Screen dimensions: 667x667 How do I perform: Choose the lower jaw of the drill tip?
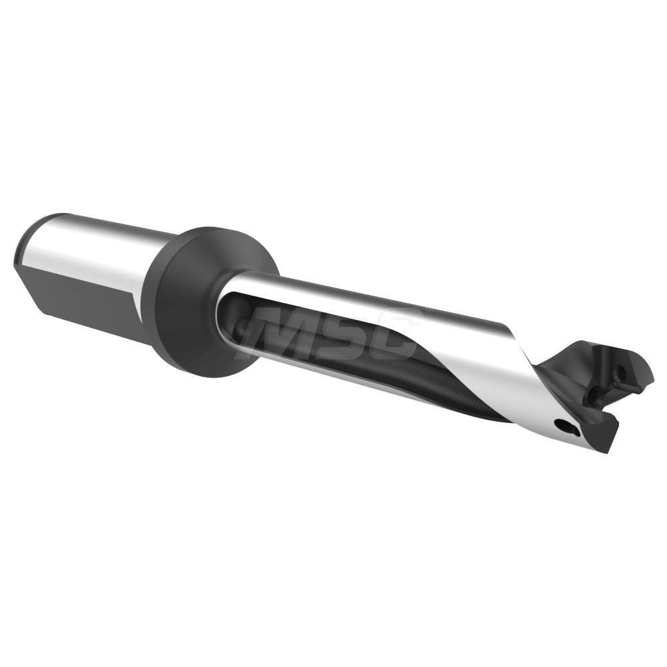coord(610,434)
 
